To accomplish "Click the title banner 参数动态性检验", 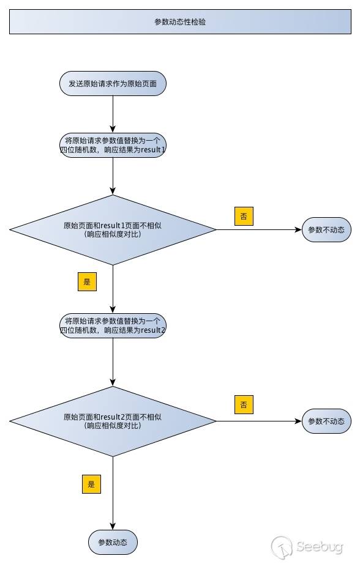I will pyautogui.click(x=180, y=21).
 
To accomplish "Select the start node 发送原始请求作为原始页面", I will pyautogui.click(x=113, y=83).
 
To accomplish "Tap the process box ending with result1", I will pyautogui.click(x=113, y=145).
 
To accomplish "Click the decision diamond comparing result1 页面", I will pyautogui.click(x=113, y=230).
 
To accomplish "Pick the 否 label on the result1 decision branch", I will pyautogui.click(x=244, y=216).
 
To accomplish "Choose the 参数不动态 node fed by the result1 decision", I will pyautogui.click(x=326, y=230).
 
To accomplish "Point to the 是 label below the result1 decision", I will pyautogui.click(x=87, y=281).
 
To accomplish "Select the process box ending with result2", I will pyautogui.click(x=113, y=325).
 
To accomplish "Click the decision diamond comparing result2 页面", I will pyautogui.click(x=113, y=421).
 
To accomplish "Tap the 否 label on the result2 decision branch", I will pyautogui.click(x=244, y=404).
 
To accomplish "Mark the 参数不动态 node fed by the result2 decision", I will pyautogui.click(x=326, y=421).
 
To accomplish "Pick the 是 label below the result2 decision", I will pyautogui.click(x=91, y=484).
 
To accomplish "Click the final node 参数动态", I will pyautogui.click(x=113, y=542).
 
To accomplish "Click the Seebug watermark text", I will pyautogui.click(x=322, y=546).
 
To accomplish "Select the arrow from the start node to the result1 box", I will pyautogui.click(x=113, y=114).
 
